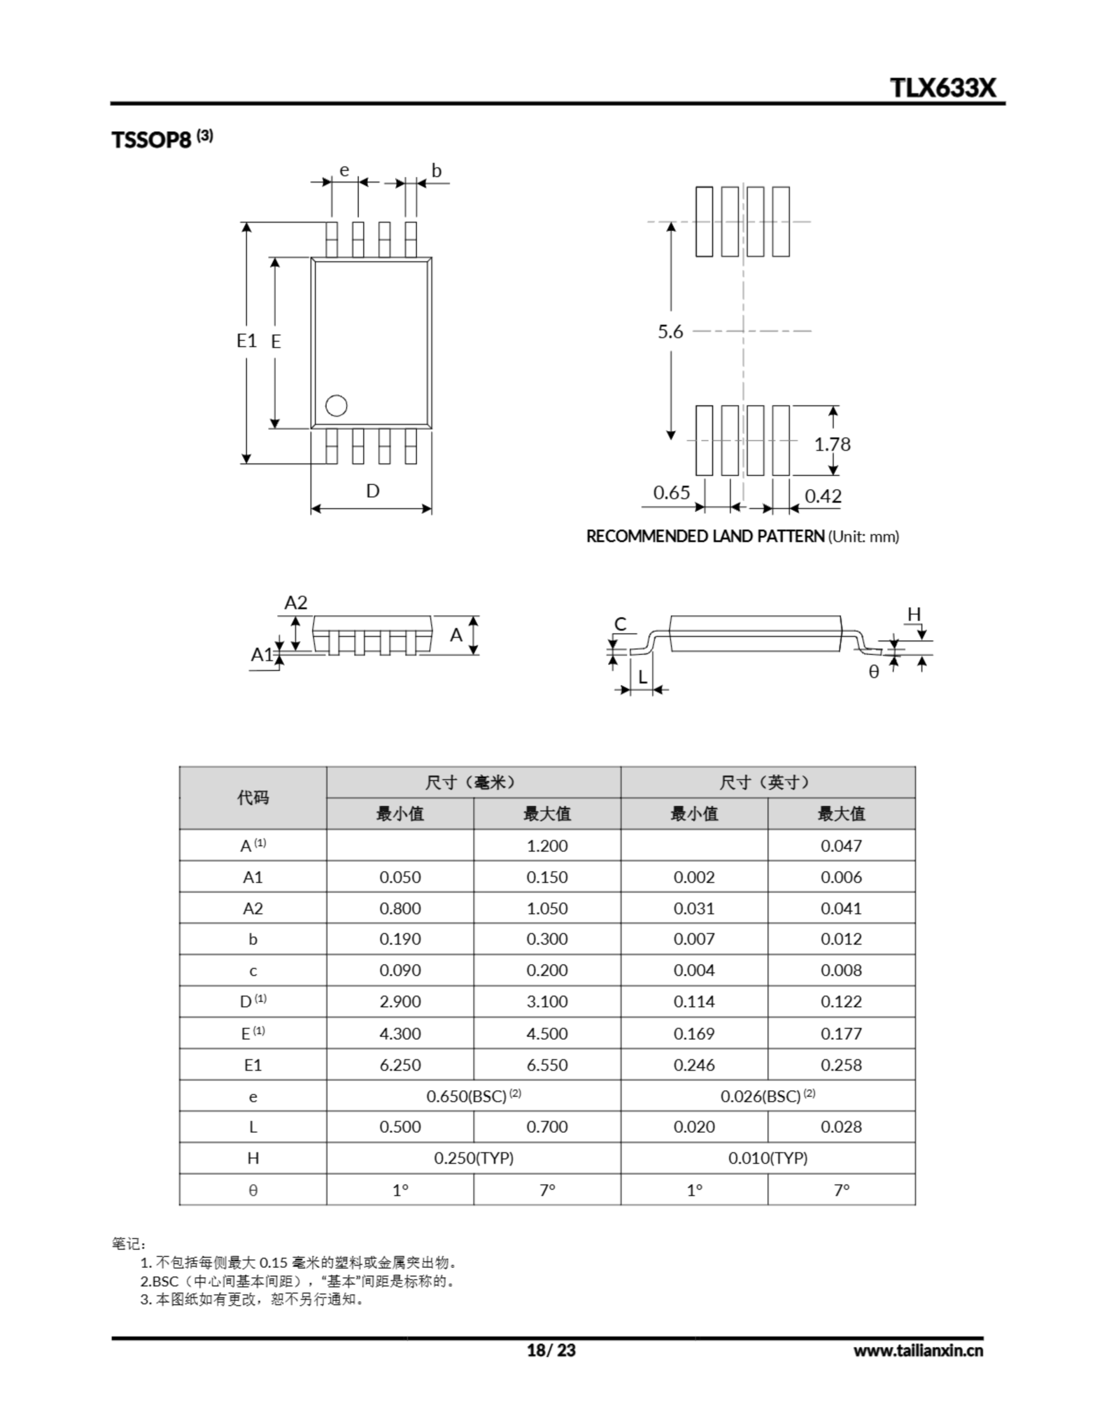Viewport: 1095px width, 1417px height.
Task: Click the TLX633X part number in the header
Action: pyautogui.click(x=942, y=87)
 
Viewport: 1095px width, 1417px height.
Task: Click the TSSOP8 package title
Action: pyautogui.click(x=152, y=140)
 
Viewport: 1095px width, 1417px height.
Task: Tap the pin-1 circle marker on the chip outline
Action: pyautogui.click(x=336, y=406)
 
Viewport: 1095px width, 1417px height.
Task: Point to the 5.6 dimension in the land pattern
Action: pyautogui.click(x=670, y=332)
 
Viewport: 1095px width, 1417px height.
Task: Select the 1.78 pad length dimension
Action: pyautogui.click(x=832, y=444)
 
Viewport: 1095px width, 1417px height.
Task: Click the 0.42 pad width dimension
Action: pyautogui.click(x=823, y=497)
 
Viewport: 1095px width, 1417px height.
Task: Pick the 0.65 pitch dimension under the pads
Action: pyautogui.click(x=671, y=493)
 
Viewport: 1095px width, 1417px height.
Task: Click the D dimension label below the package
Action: pyautogui.click(x=373, y=490)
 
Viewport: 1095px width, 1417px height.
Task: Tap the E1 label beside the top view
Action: pyautogui.click(x=247, y=340)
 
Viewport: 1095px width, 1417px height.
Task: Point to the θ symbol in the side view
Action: pyautogui.click(x=874, y=672)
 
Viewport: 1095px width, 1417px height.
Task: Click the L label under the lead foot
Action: pyautogui.click(x=643, y=678)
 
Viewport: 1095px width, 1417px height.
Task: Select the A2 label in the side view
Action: pyautogui.click(x=296, y=603)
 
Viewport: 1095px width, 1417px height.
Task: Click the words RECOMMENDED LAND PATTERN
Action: pyautogui.click(x=705, y=536)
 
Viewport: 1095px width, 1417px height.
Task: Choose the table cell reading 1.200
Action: pyautogui.click(x=547, y=846)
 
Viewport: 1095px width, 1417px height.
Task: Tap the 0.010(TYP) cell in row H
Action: pyautogui.click(x=768, y=1158)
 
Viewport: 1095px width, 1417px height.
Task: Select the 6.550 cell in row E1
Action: pyautogui.click(x=547, y=1066)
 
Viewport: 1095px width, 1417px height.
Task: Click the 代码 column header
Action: pyautogui.click(x=253, y=798)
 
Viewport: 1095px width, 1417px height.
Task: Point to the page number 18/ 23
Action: pyautogui.click(x=551, y=1350)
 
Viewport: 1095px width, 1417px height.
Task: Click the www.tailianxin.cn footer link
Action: pyautogui.click(x=918, y=1350)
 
